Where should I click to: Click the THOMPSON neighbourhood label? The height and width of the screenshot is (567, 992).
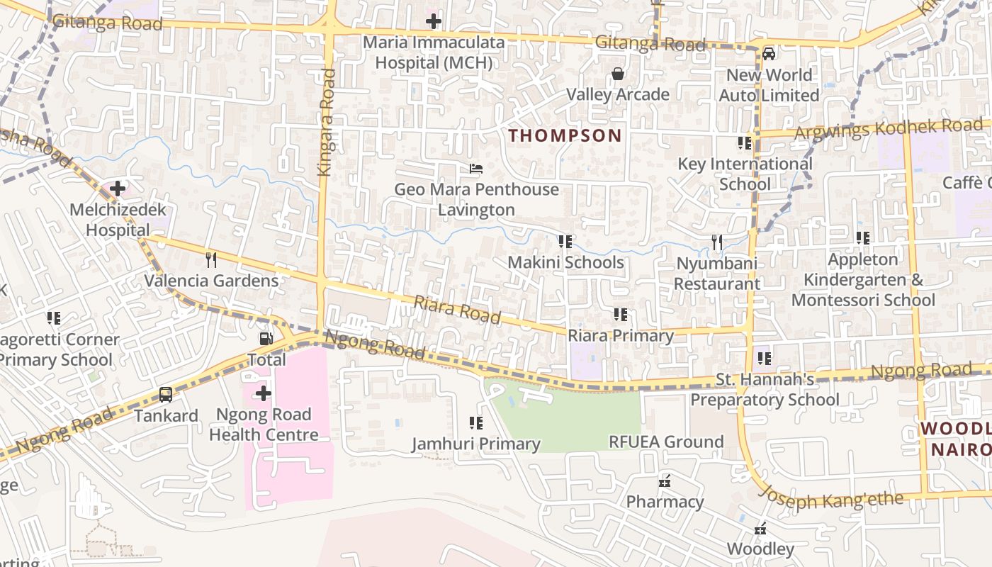(x=565, y=135)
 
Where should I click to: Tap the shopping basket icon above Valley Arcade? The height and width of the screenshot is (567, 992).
(x=618, y=74)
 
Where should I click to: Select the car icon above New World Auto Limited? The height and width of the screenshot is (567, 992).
(x=769, y=54)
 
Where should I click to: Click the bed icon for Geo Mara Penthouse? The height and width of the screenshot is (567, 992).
(x=476, y=169)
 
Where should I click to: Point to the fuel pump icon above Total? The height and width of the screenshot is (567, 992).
(x=266, y=339)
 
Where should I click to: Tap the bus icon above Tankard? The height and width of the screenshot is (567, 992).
(x=166, y=395)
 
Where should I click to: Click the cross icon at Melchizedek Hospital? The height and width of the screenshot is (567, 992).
(x=118, y=189)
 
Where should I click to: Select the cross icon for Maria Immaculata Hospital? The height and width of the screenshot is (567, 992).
(x=434, y=21)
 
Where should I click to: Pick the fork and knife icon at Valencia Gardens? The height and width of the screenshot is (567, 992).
(x=210, y=259)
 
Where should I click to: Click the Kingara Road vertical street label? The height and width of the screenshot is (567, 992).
(x=325, y=122)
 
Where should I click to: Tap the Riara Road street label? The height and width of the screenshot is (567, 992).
(x=457, y=310)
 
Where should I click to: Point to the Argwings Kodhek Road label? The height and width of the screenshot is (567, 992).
(x=889, y=130)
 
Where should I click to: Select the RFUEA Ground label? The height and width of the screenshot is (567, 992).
(x=666, y=442)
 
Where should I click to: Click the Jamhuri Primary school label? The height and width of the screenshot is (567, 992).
(x=476, y=444)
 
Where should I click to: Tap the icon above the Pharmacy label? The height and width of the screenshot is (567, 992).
(x=665, y=482)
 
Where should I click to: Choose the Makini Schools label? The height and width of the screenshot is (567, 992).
(x=565, y=262)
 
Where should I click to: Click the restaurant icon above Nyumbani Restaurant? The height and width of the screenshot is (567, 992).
(x=717, y=242)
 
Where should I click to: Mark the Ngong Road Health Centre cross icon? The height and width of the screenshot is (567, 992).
(x=264, y=393)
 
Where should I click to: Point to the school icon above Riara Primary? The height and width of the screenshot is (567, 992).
(x=621, y=314)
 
